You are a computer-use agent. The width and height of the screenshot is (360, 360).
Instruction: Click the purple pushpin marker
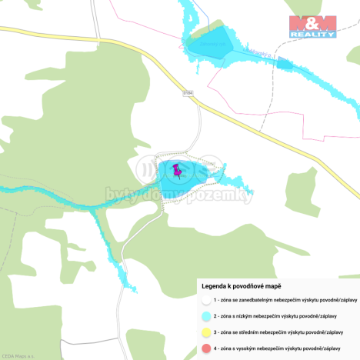point(178,171)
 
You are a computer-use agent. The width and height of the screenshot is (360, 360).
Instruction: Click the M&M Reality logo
point(312,27)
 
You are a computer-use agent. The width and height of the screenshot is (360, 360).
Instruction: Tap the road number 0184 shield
point(188,92)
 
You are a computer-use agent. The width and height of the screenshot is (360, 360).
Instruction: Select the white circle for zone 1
point(206,300)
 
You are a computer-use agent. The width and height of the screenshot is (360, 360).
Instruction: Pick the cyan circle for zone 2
point(206,316)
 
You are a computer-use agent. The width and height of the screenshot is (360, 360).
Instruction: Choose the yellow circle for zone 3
point(206,332)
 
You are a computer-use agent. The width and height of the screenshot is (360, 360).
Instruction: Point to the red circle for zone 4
point(206,349)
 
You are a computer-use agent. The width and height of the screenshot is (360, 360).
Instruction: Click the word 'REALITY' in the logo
point(312,35)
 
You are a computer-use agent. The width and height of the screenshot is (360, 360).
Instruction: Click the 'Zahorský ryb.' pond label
point(212,43)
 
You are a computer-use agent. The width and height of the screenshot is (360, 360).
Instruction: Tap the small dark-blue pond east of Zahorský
point(284,62)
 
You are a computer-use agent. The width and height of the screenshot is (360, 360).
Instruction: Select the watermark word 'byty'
point(122,196)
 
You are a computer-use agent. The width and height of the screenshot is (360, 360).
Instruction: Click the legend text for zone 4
point(285,349)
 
